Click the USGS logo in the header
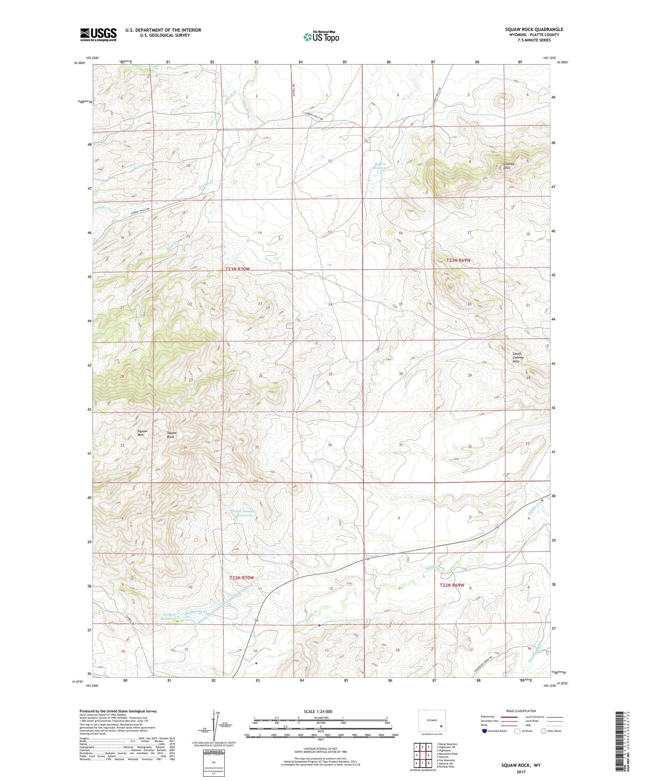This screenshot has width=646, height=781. (98, 34)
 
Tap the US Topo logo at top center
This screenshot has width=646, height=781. (321, 37)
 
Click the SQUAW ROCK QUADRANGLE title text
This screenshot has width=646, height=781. (534, 29)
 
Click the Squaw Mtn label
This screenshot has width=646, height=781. (142, 433)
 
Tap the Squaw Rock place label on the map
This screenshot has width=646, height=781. (171, 434)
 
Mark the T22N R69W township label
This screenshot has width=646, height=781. (452, 585)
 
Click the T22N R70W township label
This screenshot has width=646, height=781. (242, 578)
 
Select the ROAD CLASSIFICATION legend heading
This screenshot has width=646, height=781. (521, 711)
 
